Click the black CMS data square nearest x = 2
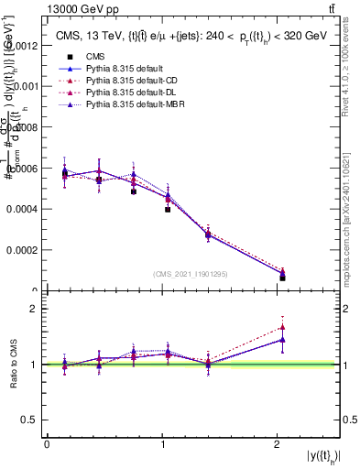282,278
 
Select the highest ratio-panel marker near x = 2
282,327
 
